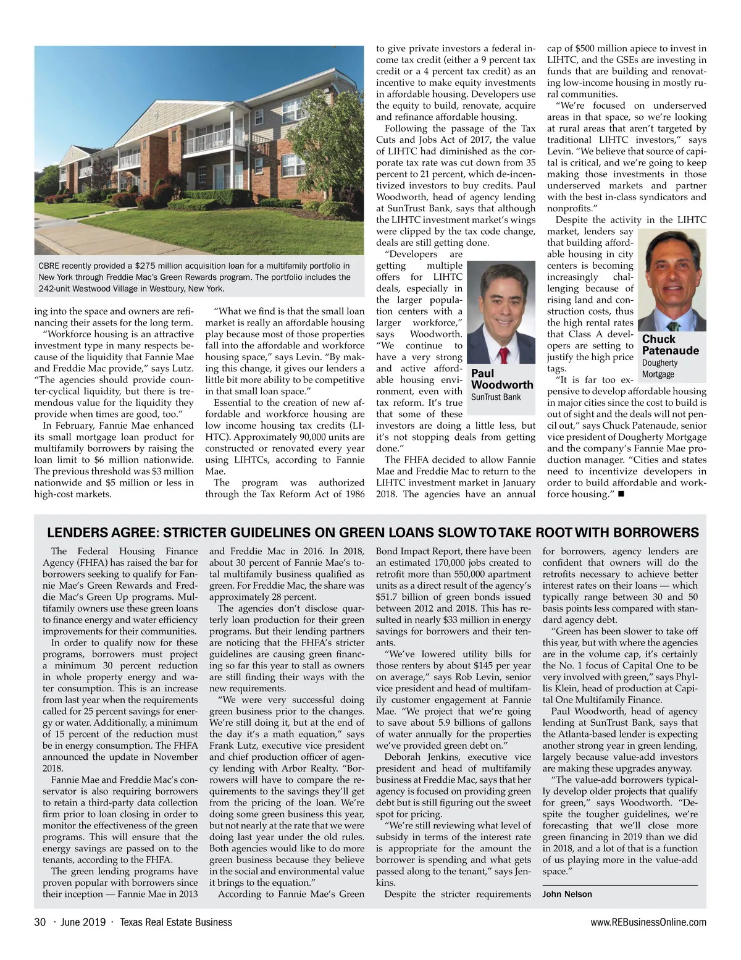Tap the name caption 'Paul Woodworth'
(x=501, y=379)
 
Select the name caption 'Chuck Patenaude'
(x=670, y=345)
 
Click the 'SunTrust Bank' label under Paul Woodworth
(x=495, y=397)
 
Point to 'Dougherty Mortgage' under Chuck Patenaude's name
(x=659, y=368)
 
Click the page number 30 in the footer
(x=40, y=922)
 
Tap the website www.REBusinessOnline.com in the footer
(x=648, y=922)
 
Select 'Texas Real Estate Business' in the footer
(x=175, y=922)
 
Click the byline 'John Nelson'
(x=567, y=894)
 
